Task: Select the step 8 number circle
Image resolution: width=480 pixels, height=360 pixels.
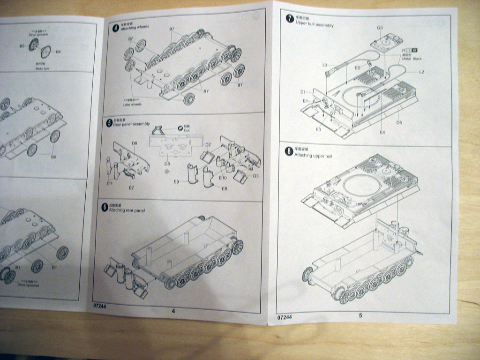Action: pos(289,151)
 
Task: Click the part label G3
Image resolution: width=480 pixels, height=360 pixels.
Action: pos(380,28)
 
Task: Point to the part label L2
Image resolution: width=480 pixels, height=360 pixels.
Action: pos(421,72)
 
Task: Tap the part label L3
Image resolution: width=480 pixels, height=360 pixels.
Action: pos(325,65)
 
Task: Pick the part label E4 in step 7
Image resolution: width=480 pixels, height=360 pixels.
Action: pos(382,132)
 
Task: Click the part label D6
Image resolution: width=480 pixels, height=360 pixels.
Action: pos(399,122)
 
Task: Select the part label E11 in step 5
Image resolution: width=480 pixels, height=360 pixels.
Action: pos(110,183)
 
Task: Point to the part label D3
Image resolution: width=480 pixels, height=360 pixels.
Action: pos(255,176)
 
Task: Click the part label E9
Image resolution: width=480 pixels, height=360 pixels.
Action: pos(177,181)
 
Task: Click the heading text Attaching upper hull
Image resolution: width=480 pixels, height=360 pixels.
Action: pos(313,156)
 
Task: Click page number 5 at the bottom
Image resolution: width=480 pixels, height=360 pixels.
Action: pos(360,315)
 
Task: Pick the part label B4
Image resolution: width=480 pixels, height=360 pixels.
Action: pos(58,52)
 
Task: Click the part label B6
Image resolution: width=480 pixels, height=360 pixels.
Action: pos(53,157)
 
